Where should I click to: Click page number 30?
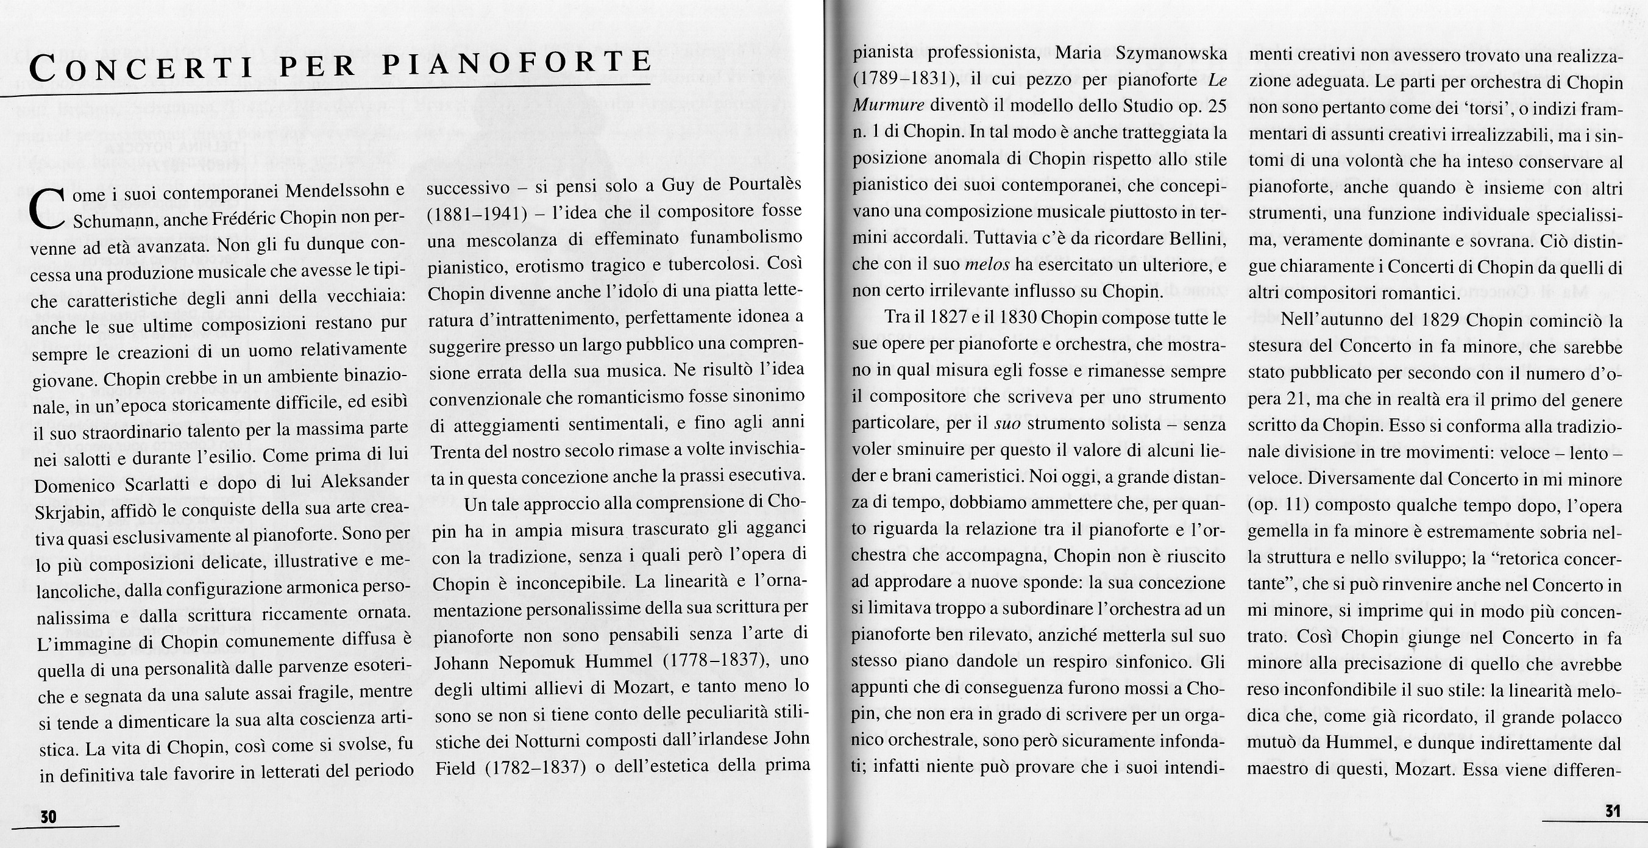point(49,817)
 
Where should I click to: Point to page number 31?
point(1611,810)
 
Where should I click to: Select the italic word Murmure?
point(887,106)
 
